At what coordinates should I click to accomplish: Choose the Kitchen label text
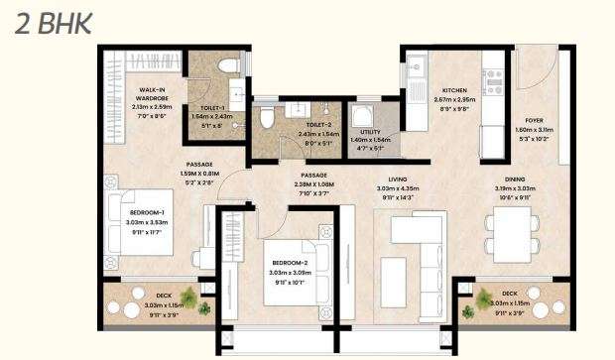456,90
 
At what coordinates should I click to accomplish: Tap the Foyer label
535,121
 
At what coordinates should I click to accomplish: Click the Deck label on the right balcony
509,294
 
